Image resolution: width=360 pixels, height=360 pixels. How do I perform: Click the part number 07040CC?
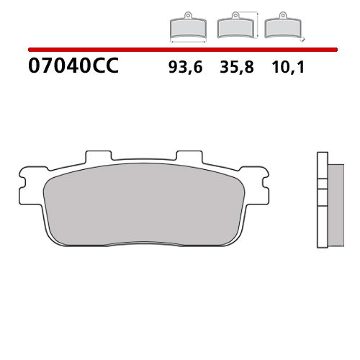[72, 68]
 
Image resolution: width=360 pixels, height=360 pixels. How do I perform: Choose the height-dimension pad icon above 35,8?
[235, 27]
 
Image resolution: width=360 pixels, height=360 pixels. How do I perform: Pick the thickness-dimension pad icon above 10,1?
[282, 27]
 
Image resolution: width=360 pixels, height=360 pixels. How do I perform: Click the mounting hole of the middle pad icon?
[235, 16]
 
